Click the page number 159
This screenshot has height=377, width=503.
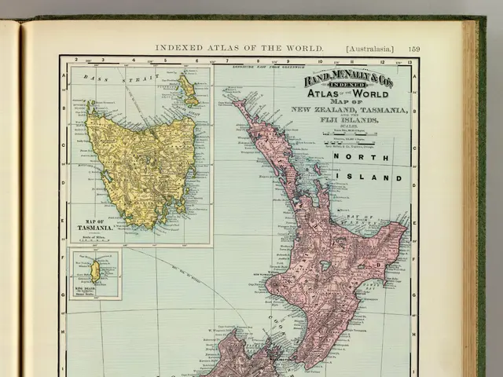(x=413, y=49)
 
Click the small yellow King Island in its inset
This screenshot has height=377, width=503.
(x=95, y=272)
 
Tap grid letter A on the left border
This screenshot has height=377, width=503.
(x=63, y=76)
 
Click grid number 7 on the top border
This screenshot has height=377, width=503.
(x=227, y=60)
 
